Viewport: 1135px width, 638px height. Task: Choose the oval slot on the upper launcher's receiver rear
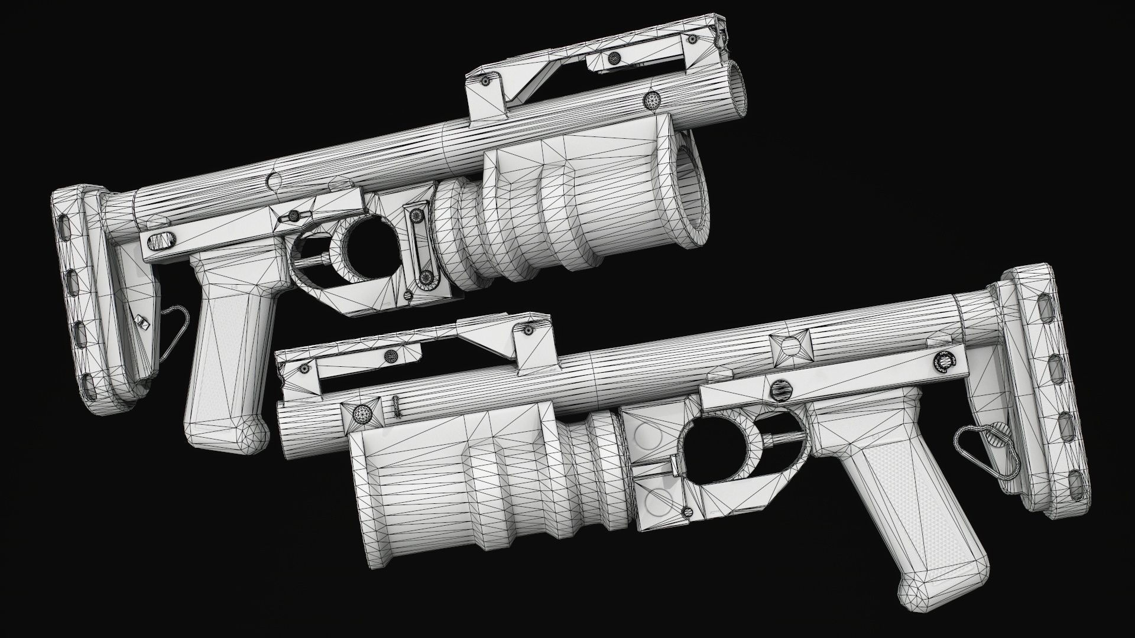(161, 241)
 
